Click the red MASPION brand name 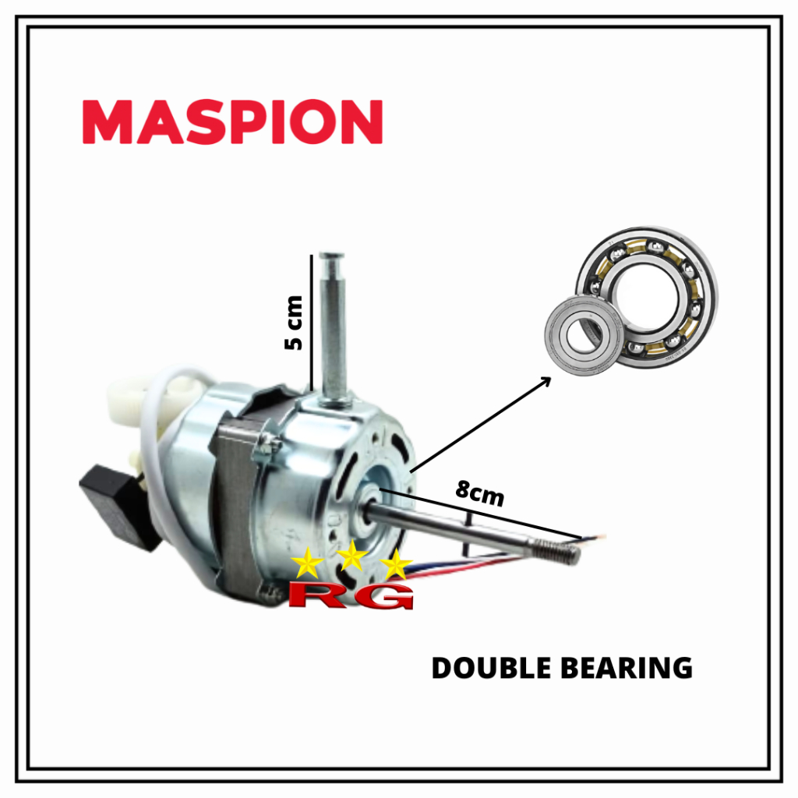(x=232, y=122)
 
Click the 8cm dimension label (x=480, y=495)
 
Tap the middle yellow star (x=352, y=556)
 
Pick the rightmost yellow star (x=397, y=565)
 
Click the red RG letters (x=351, y=595)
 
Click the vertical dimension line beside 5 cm (x=312, y=320)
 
